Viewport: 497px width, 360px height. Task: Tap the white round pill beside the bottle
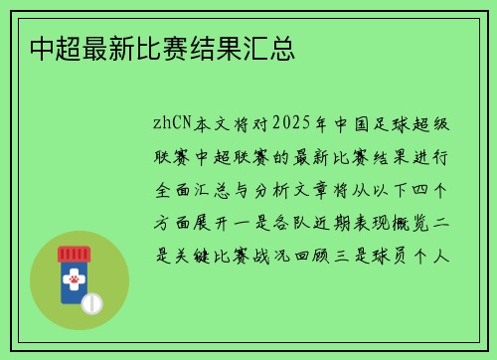click(92, 301)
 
